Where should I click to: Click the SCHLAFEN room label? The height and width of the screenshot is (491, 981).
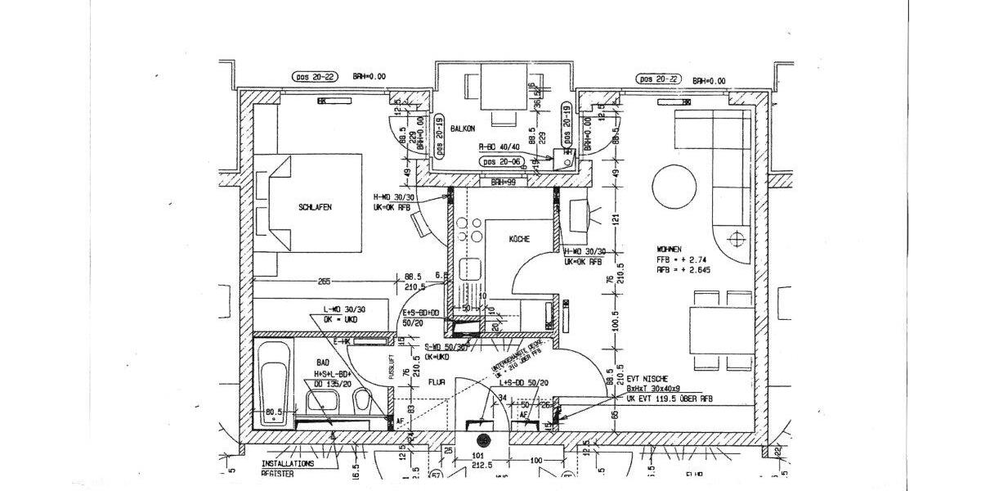[x=316, y=208]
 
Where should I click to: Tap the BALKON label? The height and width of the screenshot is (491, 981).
[x=462, y=128]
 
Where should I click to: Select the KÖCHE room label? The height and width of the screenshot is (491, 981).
[x=519, y=240]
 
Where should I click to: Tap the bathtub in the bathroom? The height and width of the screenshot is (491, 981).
[x=271, y=383]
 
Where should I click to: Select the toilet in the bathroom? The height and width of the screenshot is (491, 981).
[x=362, y=401]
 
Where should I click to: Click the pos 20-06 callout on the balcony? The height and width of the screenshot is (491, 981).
[x=501, y=162]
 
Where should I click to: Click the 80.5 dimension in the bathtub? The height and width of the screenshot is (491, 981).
[x=272, y=412]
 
